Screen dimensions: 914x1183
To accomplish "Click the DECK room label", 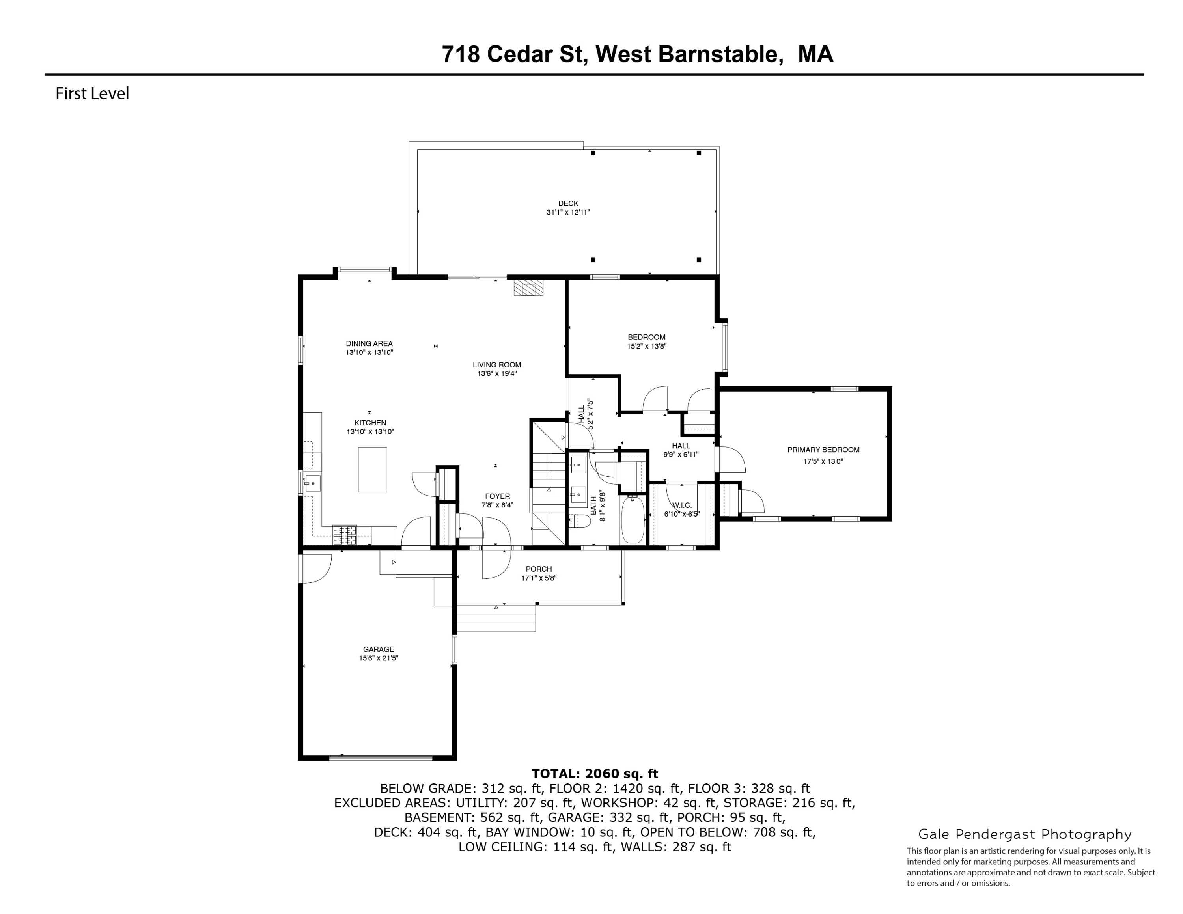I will click(568, 203).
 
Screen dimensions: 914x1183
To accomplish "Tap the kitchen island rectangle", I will click(372, 470).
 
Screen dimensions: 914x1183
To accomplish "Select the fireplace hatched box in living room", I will click(528, 287).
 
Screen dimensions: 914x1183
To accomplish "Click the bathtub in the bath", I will click(632, 520).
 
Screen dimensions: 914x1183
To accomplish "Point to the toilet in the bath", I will click(580, 521).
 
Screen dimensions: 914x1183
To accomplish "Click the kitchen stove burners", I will click(345, 535).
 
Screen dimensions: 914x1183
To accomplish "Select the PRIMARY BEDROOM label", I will click(823, 450).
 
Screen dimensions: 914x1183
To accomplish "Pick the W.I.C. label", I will click(681, 505).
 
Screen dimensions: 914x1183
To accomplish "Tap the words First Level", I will click(92, 94).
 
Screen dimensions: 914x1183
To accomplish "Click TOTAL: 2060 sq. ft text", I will click(594, 774).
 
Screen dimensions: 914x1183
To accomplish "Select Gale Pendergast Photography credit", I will click(1024, 834).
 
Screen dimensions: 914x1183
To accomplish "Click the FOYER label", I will click(497, 496).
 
